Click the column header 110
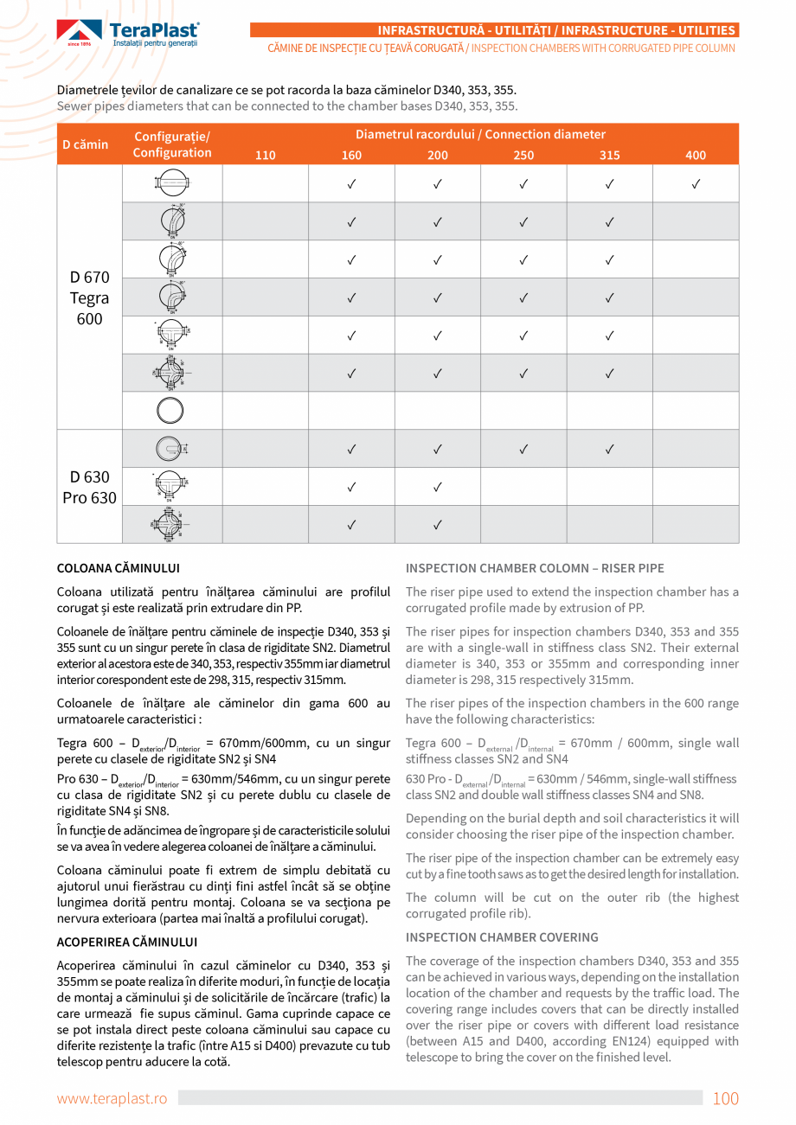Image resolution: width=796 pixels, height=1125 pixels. [266, 156]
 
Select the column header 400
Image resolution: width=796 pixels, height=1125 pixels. [696, 156]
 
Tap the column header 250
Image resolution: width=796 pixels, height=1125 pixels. [523, 156]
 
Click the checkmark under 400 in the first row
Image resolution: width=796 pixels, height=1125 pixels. [696, 184]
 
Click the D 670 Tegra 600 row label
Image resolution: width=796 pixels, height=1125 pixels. [90, 298]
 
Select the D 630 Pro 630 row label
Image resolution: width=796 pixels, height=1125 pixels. [90, 487]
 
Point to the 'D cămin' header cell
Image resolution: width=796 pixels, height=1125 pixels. [86, 144]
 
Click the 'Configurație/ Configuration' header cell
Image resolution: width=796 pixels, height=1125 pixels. [172, 144]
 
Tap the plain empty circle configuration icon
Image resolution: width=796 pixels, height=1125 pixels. [170, 411]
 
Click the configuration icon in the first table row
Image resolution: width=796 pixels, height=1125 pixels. [172, 183]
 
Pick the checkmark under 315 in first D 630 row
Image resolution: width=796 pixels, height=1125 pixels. [610, 449]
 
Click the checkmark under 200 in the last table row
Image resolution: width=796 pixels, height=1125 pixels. [438, 524]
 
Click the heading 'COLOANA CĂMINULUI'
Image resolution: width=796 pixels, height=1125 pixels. [118, 569]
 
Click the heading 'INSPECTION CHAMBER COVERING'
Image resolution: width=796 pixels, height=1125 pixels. [502, 937]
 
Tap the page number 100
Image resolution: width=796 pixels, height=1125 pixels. [725, 1099]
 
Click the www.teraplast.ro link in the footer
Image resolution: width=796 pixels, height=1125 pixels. [112, 1099]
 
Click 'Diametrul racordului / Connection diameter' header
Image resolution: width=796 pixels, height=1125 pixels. [480, 135]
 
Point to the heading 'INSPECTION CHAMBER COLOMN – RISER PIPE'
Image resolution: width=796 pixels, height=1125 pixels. [535, 569]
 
